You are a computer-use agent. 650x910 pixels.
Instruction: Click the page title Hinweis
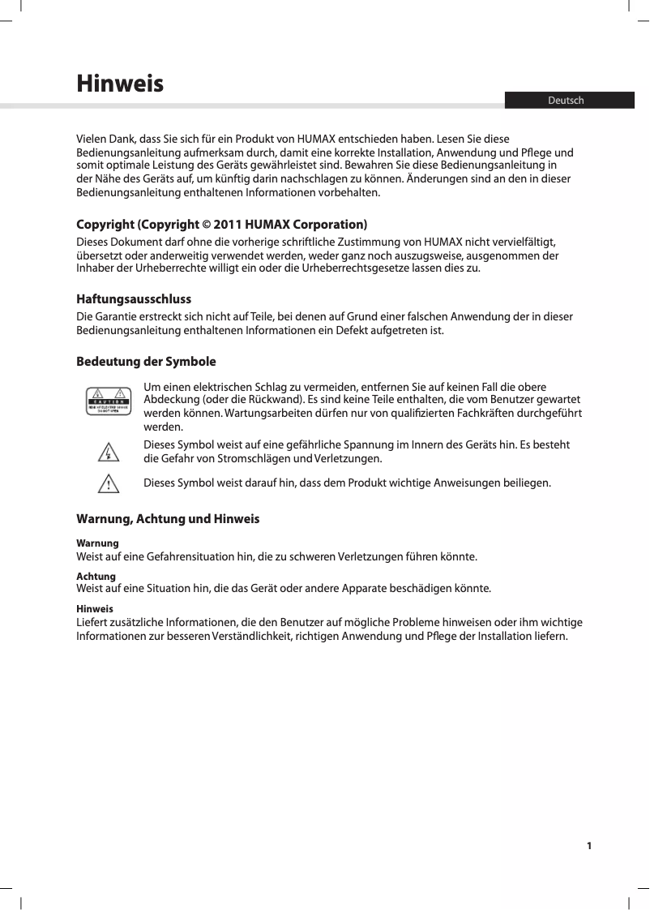click(x=119, y=84)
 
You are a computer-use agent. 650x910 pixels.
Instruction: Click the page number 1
click(x=589, y=846)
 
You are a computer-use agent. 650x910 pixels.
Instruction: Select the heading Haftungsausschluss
click(x=134, y=299)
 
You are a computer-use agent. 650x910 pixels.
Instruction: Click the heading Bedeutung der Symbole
click(x=146, y=361)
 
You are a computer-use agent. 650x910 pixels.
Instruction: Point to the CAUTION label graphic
click(x=109, y=402)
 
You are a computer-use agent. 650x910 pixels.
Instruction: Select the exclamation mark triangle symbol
click(x=108, y=483)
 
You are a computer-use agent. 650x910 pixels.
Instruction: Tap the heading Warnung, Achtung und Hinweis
click(x=168, y=518)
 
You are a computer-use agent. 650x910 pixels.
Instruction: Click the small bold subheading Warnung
click(x=97, y=542)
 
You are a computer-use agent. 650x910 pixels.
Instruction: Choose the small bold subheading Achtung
click(x=96, y=576)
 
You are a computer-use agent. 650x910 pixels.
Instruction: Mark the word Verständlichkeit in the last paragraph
click(x=253, y=635)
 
